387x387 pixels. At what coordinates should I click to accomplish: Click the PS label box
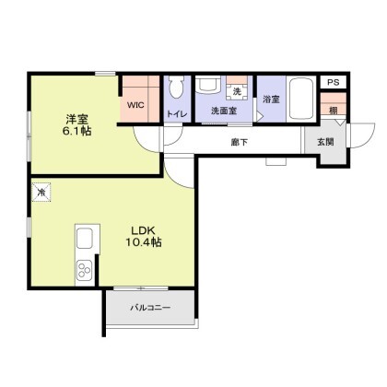(334, 82)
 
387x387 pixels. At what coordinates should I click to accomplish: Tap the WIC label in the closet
(135, 105)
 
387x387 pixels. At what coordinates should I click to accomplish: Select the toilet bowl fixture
(176, 87)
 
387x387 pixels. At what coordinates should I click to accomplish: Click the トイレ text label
(177, 114)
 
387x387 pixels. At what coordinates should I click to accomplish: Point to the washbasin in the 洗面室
(208, 84)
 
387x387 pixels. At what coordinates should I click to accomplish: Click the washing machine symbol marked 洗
(237, 91)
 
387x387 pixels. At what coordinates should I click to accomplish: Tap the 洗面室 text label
(224, 111)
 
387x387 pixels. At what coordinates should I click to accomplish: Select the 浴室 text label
(271, 100)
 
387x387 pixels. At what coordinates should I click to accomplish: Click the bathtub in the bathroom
(301, 99)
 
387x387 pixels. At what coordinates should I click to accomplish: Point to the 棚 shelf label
(334, 111)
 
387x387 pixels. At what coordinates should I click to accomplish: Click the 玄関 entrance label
(325, 142)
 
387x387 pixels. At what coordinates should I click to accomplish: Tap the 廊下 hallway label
(240, 142)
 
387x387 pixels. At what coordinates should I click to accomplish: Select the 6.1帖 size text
(77, 131)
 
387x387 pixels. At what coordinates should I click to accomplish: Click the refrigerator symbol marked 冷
(41, 193)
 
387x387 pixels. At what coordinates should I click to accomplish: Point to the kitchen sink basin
(85, 239)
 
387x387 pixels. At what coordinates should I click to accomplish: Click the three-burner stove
(85, 269)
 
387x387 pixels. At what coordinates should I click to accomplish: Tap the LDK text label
(143, 230)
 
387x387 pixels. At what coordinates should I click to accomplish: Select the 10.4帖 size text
(144, 242)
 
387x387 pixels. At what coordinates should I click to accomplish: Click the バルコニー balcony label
(150, 308)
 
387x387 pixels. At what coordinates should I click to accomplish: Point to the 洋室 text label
(77, 119)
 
